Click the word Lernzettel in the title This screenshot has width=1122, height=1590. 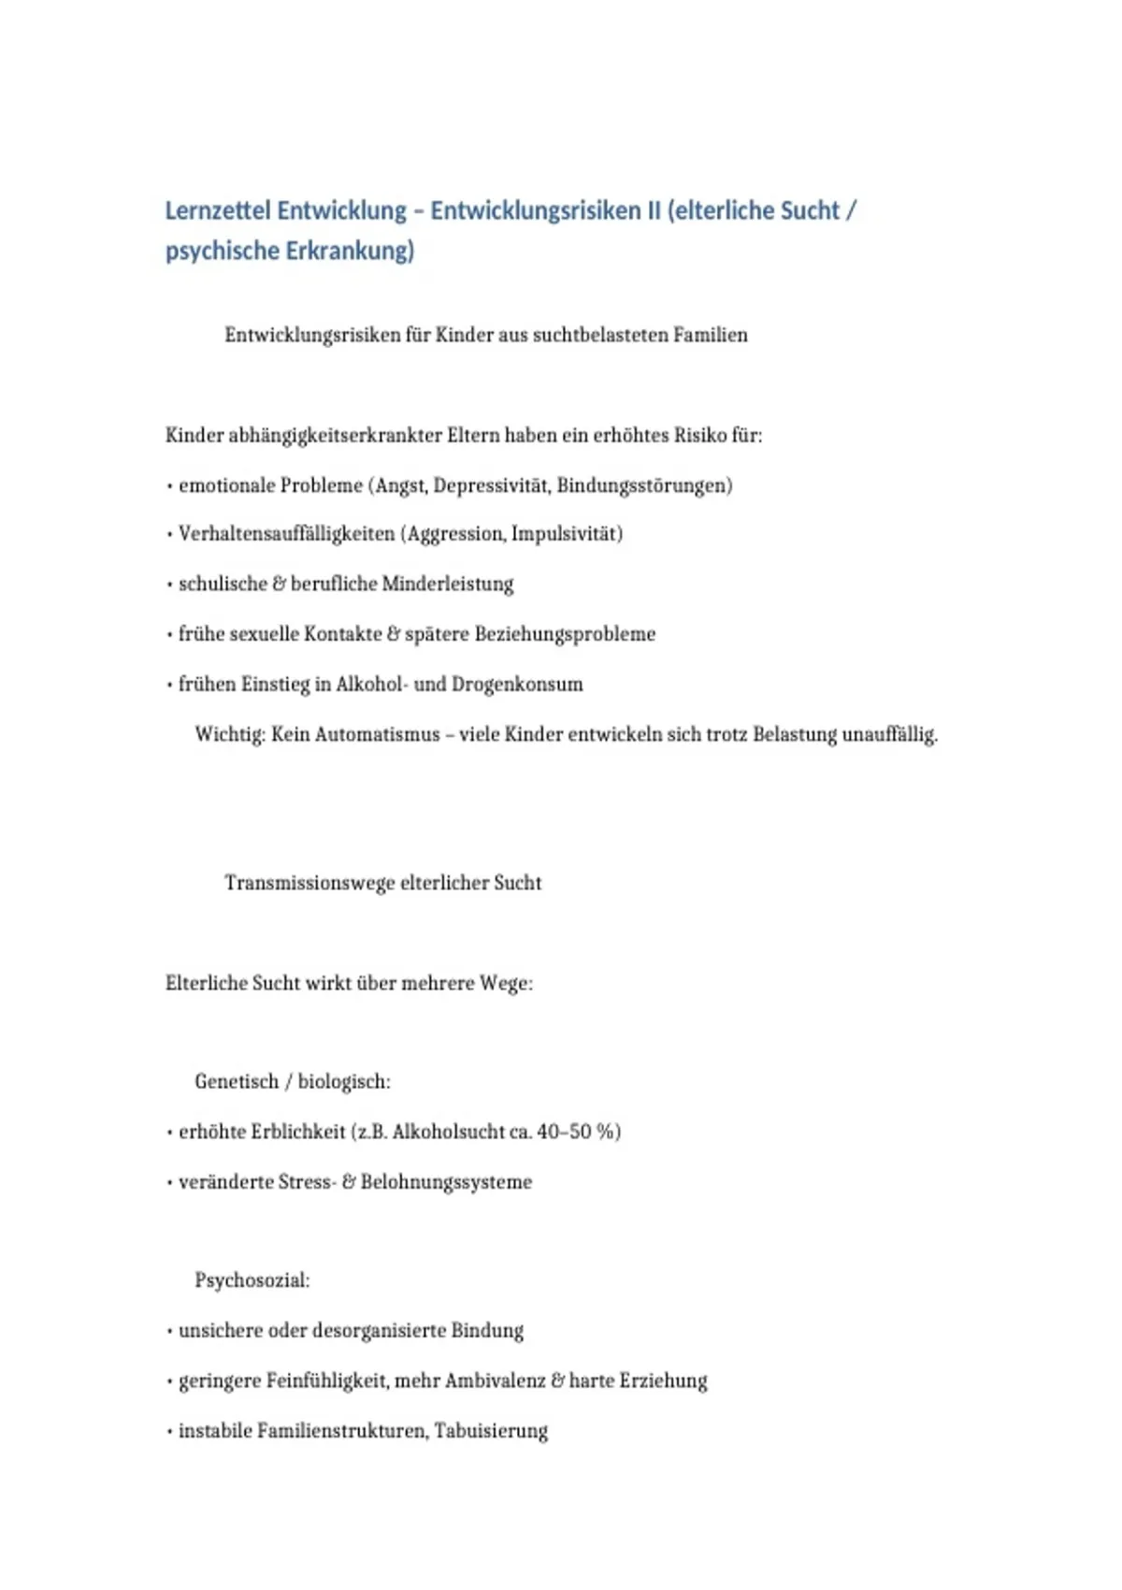coord(217,210)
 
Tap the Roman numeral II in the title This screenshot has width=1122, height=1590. coord(654,210)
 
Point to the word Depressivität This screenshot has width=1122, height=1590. coord(492,485)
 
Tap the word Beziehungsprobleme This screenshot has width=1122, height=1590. coord(565,634)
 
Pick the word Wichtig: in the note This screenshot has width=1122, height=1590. coord(230,734)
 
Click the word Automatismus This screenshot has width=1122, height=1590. coord(377,734)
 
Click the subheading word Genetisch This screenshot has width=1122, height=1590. coord(237,1082)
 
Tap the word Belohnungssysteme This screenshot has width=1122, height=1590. coord(446,1182)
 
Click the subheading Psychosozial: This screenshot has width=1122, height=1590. coord(252,1280)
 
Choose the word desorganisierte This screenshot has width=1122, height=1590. coord(378,1331)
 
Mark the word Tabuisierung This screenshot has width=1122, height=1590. coord(491,1431)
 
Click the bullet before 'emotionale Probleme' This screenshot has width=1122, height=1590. coord(169,486)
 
